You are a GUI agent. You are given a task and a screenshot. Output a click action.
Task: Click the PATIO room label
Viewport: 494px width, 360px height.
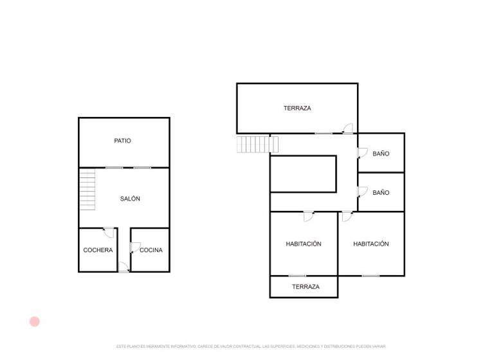click(x=122, y=141)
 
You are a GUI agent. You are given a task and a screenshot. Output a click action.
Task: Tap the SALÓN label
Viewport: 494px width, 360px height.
click(x=130, y=199)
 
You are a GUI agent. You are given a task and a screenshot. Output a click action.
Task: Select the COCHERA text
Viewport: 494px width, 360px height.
click(x=98, y=250)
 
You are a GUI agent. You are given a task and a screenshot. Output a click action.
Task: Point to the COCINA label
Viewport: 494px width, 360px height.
click(x=151, y=250)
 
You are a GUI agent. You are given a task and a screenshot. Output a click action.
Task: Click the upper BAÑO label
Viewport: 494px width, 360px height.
click(x=381, y=154)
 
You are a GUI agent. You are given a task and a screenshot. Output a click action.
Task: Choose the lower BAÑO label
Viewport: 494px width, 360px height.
click(x=381, y=192)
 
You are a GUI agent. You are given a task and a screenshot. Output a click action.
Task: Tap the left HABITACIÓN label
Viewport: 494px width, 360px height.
click(x=304, y=244)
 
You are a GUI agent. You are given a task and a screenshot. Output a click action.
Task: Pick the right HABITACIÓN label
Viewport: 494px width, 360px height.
click(x=371, y=244)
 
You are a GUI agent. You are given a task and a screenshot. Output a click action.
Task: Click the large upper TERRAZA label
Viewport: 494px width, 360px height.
click(x=297, y=108)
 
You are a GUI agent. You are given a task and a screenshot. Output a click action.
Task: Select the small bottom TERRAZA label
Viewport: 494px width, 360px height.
click(x=306, y=287)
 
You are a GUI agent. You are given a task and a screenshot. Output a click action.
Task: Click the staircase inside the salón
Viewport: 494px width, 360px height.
click(x=87, y=189)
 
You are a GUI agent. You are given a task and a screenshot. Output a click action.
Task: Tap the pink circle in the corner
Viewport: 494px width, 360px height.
click(x=35, y=321)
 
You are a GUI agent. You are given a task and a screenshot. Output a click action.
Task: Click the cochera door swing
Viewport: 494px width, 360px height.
click(x=109, y=232)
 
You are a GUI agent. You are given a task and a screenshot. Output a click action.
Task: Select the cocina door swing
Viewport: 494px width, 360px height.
click(x=135, y=247)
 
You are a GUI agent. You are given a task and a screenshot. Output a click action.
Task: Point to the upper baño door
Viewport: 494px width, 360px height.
click(x=362, y=152)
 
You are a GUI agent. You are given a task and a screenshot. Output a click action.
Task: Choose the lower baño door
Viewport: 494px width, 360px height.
click(x=362, y=191)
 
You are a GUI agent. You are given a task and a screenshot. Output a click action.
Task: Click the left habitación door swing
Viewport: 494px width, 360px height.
click(x=309, y=216)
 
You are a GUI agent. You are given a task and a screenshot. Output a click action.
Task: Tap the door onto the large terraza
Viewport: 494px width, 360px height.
click(x=347, y=129)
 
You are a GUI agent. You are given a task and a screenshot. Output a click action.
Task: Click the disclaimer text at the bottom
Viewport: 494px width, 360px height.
click(x=251, y=346)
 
